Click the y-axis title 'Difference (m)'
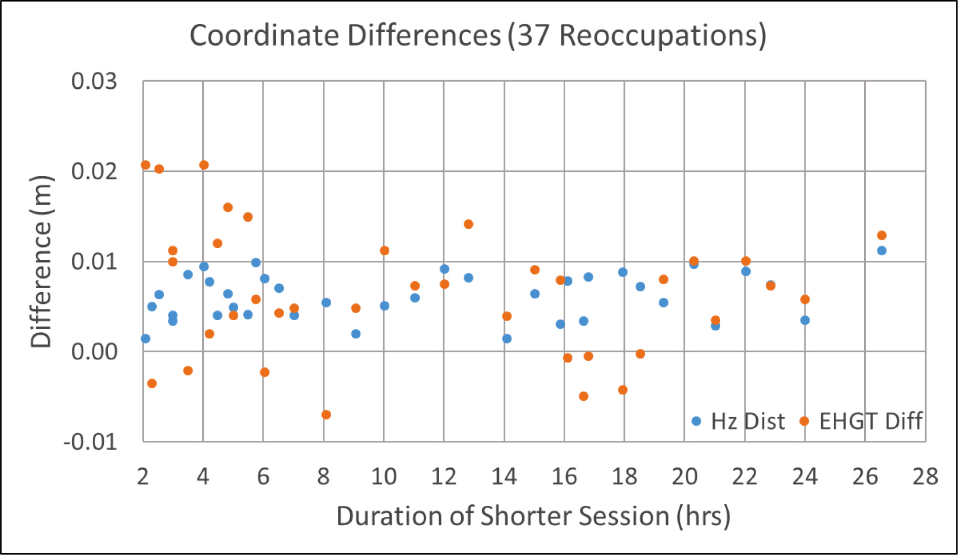click(x=41, y=261)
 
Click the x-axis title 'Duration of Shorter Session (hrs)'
click(x=533, y=516)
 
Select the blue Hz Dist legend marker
click(x=696, y=421)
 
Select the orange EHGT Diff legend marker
click(x=804, y=421)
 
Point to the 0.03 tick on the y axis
click(x=94, y=81)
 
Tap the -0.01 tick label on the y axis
click(x=90, y=442)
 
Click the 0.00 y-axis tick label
click(x=94, y=352)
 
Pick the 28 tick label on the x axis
click(x=925, y=477)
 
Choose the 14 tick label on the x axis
click(x=504, y=477)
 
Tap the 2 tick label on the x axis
click(x=143, y=477)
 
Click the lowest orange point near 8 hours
click(x=326, y=414)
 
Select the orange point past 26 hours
click(x=881, y=235)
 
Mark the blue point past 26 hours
click(x=881, y=250)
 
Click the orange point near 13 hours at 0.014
click(x=468, y=224)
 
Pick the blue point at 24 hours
click(x=805, y=320)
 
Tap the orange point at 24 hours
click(x=805, y=299)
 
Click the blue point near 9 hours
click(x=356, y=334)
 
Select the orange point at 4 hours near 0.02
click(x=204, y=165)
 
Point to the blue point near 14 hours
click(x=507, y=338)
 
